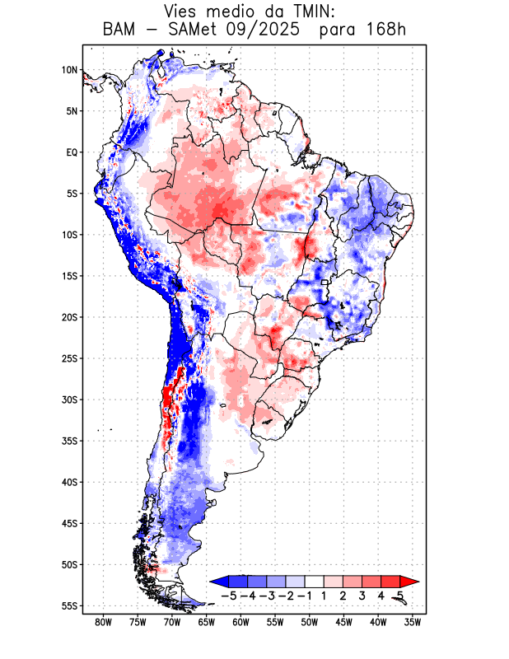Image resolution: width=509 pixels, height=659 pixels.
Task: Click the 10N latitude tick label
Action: (x=69, y=70)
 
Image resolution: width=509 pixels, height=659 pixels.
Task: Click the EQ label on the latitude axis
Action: (x=72, y=152)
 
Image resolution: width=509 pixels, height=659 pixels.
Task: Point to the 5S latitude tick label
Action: (x=72, y=194)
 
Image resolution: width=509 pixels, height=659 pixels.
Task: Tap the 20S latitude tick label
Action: (x=69, y=317)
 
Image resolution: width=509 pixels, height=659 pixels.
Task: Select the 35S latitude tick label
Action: (x=69, y=441)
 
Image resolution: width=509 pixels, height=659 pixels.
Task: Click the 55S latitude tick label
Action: (x=69, y=605)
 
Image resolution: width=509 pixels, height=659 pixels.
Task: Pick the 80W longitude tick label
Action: (x=103, y=622)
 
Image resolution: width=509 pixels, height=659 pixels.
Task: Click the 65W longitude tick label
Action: (x=207, y=622)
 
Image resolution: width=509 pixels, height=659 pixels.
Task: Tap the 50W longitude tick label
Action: (x=310, y=622)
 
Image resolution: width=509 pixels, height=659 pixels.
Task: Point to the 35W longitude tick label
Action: (x=413, y=622)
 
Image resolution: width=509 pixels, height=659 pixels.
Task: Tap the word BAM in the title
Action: (x=120, y=30)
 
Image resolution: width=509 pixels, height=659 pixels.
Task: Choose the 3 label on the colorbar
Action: (x=362, y=596)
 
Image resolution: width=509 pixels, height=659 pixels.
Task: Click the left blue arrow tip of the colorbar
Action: (x=212, y=582)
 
